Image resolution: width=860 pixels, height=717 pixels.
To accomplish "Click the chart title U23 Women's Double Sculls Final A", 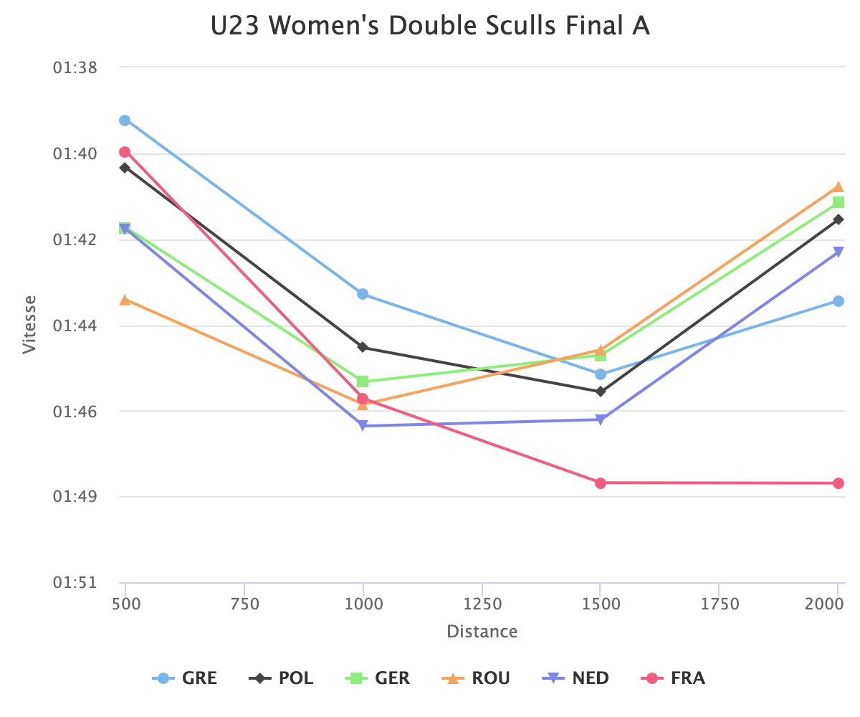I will [x=430, y=27].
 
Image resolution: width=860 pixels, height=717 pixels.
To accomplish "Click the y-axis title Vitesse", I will [x=29, y=325].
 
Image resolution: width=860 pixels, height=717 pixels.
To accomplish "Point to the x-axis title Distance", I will [x=482, y=632].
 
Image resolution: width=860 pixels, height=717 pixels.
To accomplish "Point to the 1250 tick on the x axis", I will [x=482, y=604].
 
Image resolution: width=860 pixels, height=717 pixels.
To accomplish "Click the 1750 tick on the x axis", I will [x=720, y=604].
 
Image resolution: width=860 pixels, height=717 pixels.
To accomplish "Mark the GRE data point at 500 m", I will [x=125, y=120].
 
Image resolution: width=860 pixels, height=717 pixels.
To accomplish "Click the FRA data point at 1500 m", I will [x=601, y=483].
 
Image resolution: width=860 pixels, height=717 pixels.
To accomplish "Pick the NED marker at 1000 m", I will [x=363, y=426].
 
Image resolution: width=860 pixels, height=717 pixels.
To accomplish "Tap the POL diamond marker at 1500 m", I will [x=601, y=391].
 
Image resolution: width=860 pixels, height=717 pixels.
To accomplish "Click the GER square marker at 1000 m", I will [x=363, y=381].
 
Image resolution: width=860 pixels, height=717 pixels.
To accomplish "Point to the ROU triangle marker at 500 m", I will [x=125, y=300].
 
